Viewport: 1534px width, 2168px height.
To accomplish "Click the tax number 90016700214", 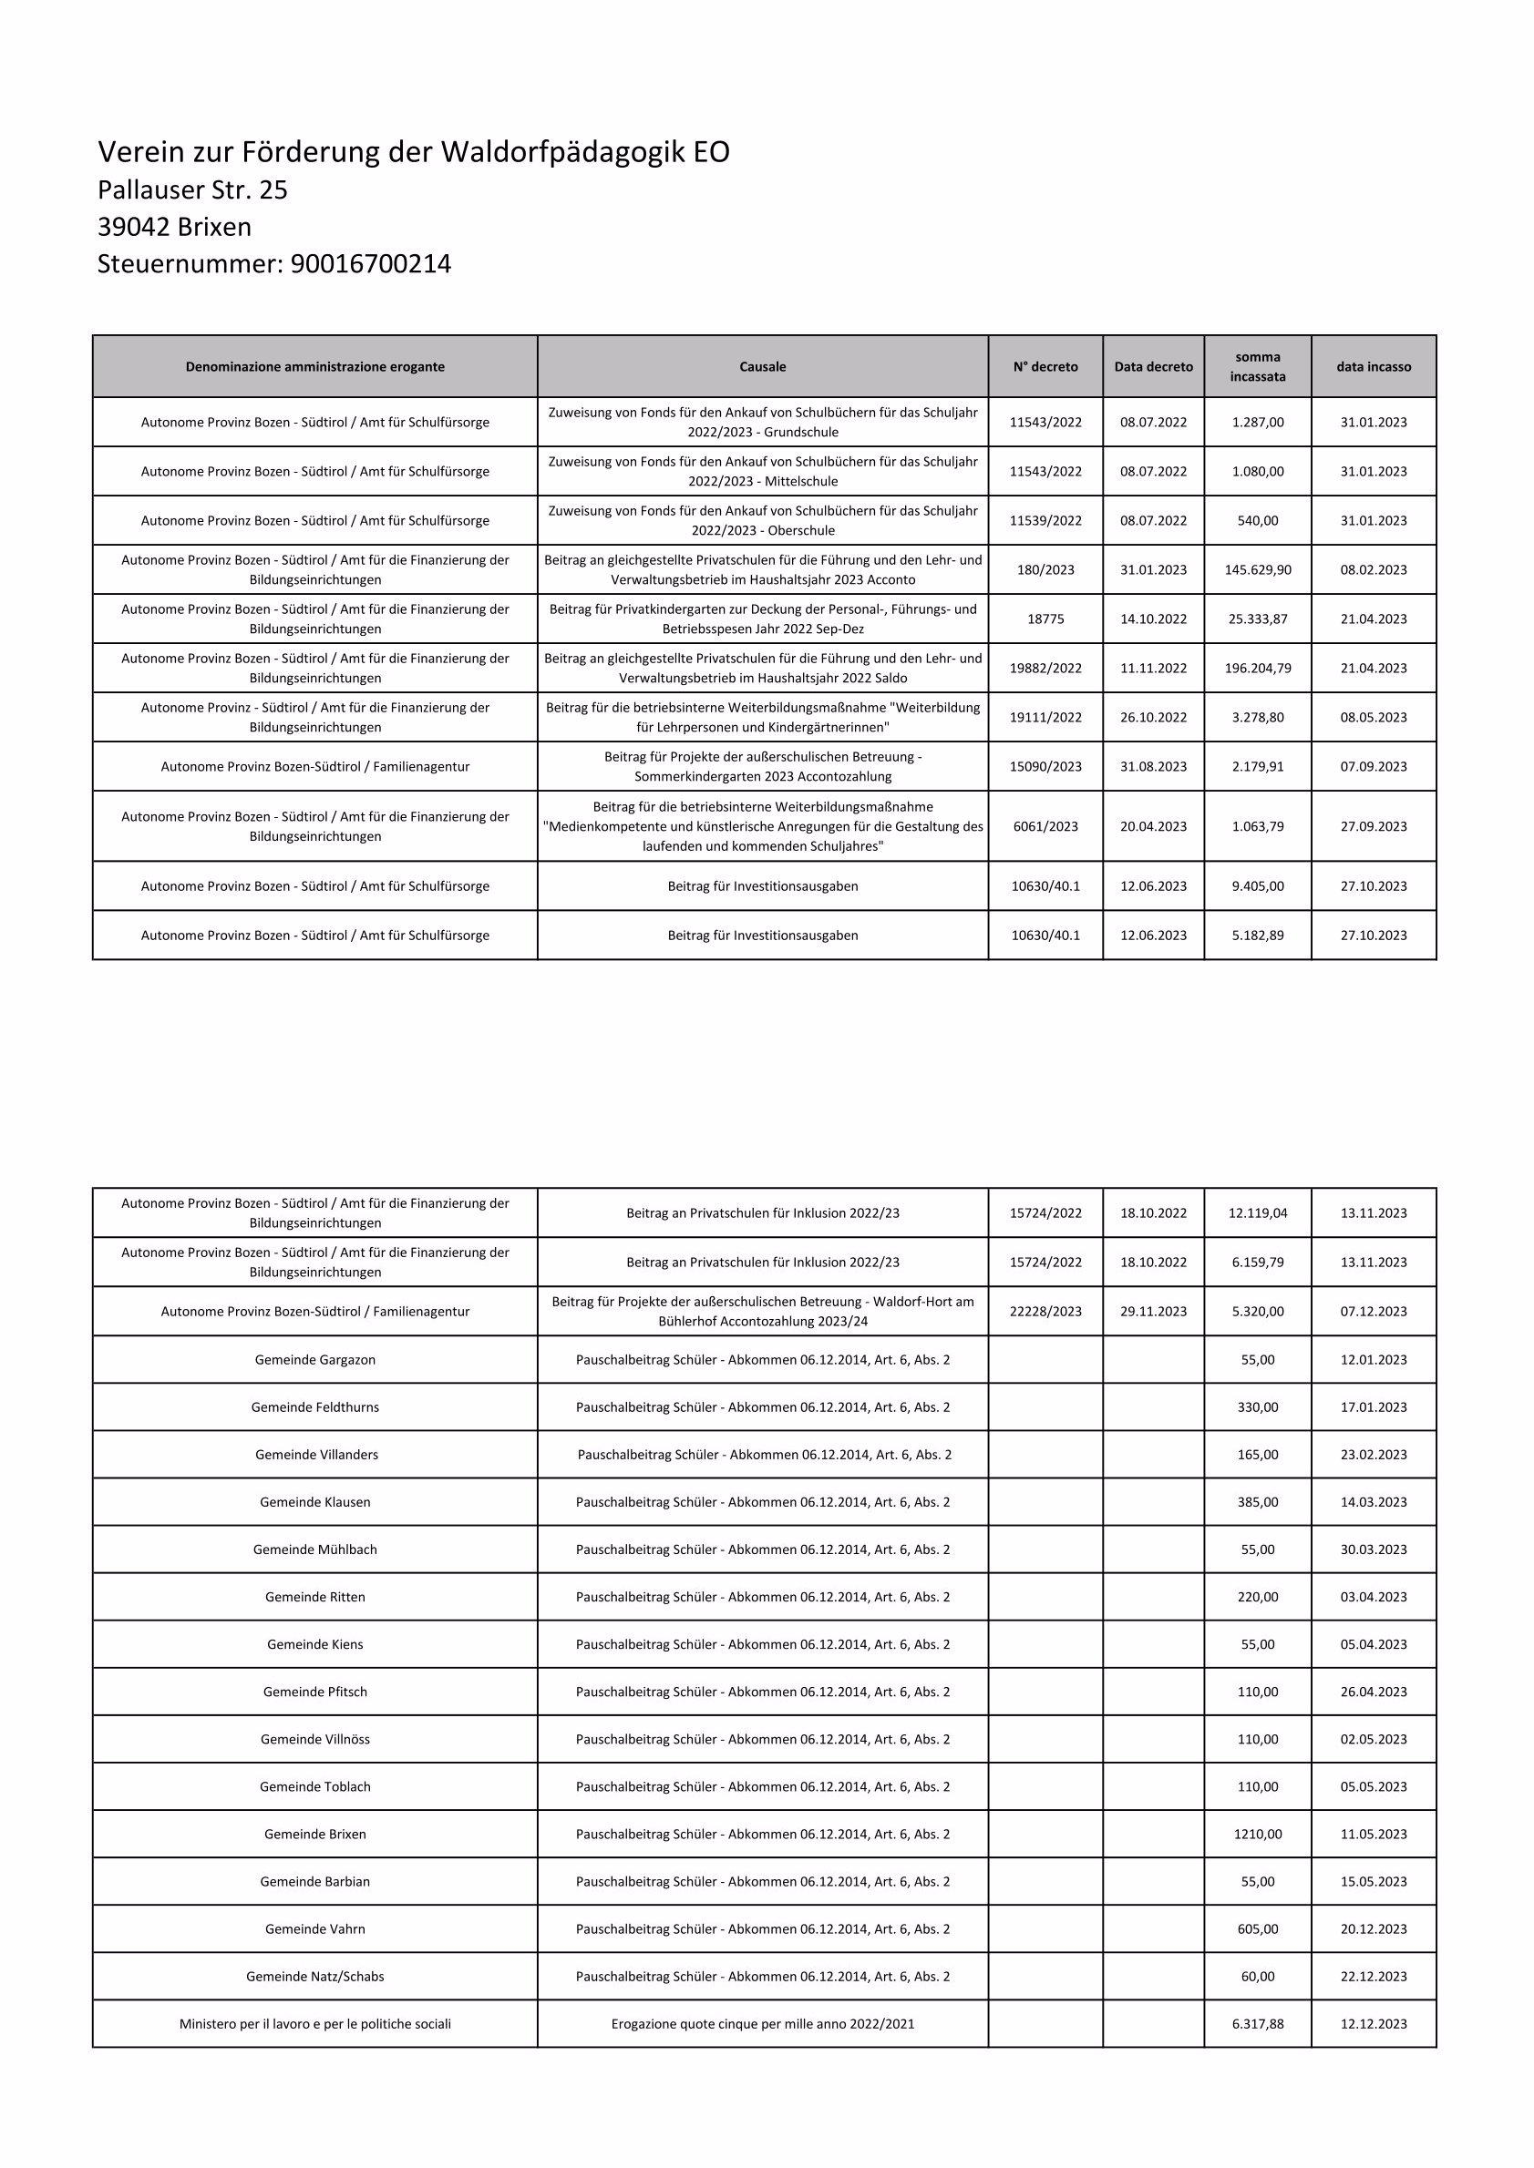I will point(370,264).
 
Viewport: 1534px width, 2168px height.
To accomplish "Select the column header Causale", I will point(762,367).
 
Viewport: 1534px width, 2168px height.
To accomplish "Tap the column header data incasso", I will point(1374,367).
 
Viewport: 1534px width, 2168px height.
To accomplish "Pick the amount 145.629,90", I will point(1257,570).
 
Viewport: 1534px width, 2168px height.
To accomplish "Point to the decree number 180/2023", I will point(1045,570).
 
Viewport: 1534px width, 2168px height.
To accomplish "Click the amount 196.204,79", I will point(1257,669).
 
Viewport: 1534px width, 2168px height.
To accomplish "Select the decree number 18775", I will point(1045,619).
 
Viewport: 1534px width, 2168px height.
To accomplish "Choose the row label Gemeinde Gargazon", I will point(314,1360).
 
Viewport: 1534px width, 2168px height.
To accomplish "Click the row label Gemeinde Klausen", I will point(314,1502).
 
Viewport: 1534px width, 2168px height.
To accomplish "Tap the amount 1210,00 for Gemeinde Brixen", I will point(1257,1835).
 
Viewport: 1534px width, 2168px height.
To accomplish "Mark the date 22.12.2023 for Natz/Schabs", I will point(1374,1977).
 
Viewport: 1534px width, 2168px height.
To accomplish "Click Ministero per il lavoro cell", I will point(314,2024).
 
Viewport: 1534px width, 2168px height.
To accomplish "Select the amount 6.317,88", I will point(1257,2024).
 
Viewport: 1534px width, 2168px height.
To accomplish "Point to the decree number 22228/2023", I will point(1045,1312).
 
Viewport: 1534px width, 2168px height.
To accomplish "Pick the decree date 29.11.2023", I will point(1153,1312).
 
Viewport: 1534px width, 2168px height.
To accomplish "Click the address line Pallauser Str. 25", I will point(192,190).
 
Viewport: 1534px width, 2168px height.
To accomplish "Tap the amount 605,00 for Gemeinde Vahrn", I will point(1257,1929).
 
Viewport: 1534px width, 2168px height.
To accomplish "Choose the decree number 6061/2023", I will point(1045,827).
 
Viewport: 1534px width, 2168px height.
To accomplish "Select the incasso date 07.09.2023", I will point(1374,767).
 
